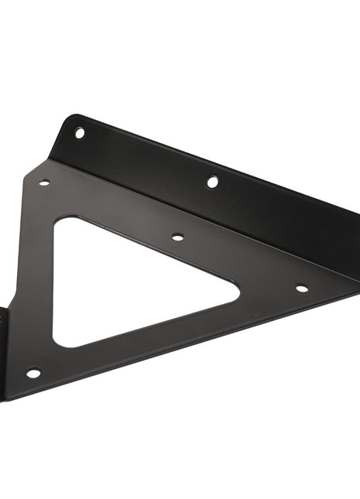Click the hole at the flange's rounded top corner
coord(79,133)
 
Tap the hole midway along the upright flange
coord(212,182)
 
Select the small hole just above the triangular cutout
coord(177,237)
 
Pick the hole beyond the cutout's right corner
coord(301,288)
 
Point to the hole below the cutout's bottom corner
coord(33,373)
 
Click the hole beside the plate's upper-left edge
coord(44,183)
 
